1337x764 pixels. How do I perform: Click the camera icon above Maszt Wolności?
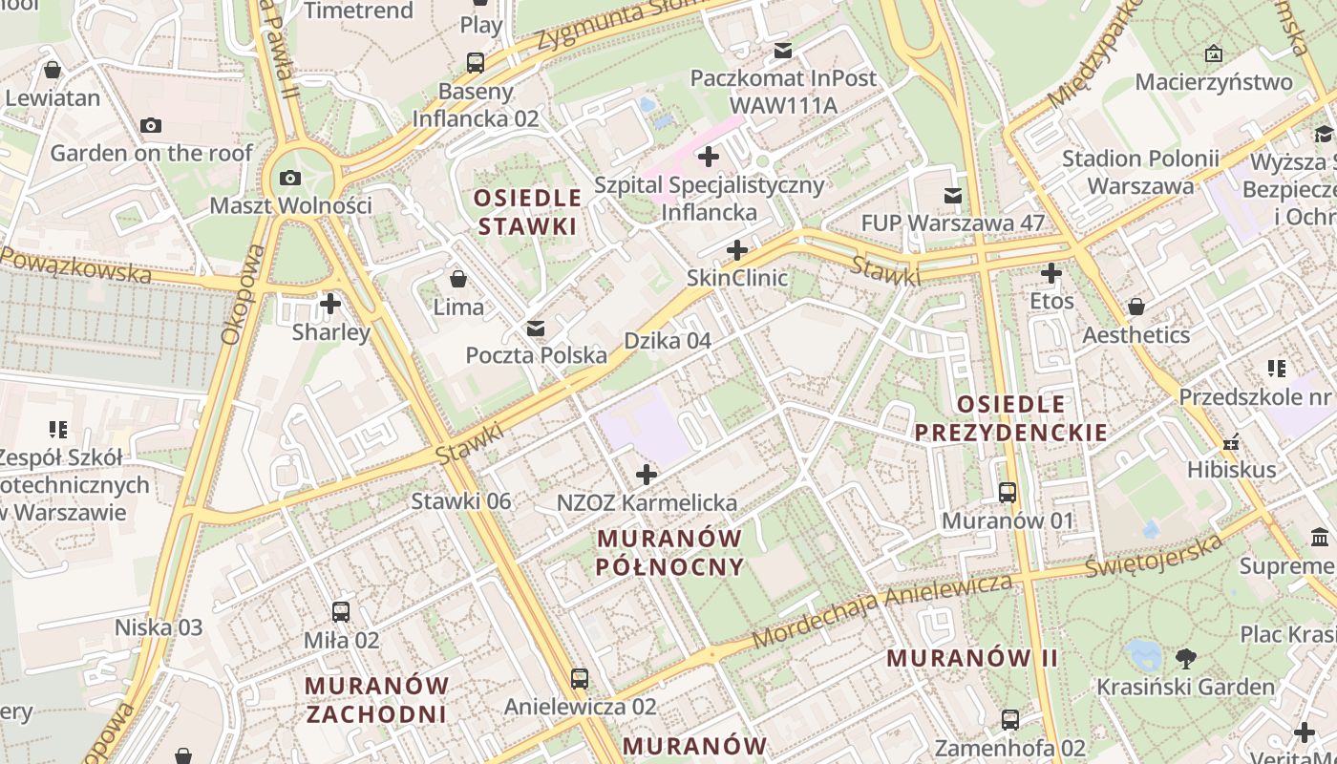pos(289,178)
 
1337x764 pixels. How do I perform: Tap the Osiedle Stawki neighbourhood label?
pos(528,212)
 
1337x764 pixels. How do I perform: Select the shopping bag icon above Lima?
pos(458,279)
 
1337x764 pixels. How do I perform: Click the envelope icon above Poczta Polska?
pos(536,329)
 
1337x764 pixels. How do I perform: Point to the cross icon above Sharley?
pos(330,305)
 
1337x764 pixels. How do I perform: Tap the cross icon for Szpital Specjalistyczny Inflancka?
pos(709,157)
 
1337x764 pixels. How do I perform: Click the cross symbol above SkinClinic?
pos(736,251)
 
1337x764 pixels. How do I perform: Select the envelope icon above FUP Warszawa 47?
pos(952,196)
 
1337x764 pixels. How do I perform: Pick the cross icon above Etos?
pos(1051,274)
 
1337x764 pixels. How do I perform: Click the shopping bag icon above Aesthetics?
pos(1135,307)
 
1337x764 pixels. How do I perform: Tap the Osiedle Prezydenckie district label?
pos(1011,417)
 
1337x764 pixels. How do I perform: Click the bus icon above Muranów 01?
pos(1008,493)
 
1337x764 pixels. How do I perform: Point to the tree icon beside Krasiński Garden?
pos(1186,658)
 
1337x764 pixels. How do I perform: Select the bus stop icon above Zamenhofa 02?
pos(1010,720)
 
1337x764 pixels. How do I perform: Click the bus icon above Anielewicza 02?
pos(580,679)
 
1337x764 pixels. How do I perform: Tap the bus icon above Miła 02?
pos(341,612)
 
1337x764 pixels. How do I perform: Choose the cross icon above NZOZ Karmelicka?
pos(647,475)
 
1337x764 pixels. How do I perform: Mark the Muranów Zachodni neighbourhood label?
pos(376,699)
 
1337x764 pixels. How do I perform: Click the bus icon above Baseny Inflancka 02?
pos(476,64)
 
